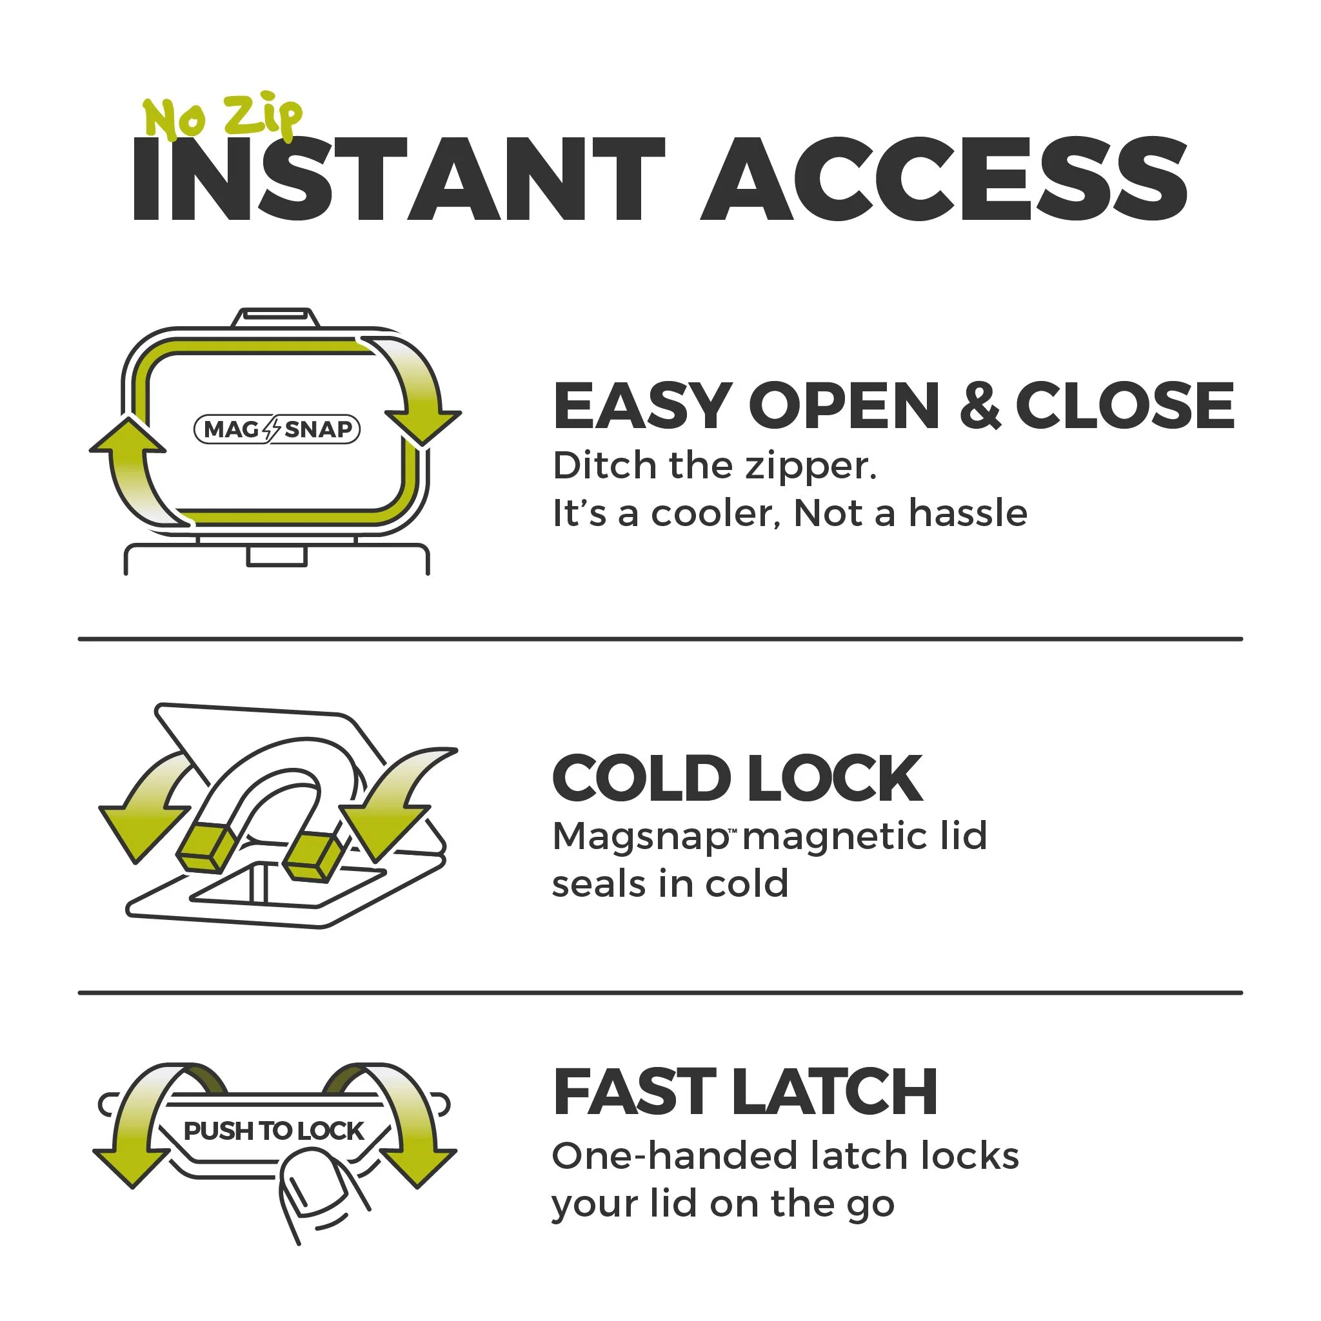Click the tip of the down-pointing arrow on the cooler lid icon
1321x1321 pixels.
(422, 445)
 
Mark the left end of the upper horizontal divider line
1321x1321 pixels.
(79, 640)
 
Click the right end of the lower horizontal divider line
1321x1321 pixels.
(1242, 993)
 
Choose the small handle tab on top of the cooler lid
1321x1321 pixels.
(275, 318)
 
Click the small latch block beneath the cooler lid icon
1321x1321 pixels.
(276, 556)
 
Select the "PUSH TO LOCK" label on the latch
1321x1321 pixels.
(273, 1131)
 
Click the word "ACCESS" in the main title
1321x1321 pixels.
(944, 179)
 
